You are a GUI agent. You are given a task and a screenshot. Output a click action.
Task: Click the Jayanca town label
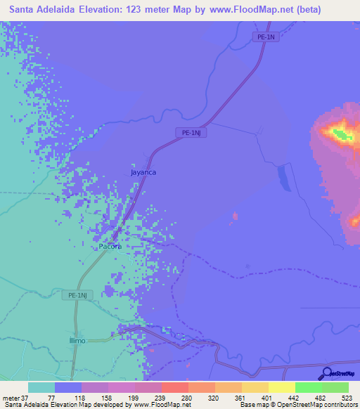click(143, 171)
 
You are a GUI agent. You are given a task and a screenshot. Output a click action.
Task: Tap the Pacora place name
click(110, 247)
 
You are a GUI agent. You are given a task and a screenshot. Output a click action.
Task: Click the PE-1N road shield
click(266, 37)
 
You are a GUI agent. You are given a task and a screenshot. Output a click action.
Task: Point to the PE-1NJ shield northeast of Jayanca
click(189, 132)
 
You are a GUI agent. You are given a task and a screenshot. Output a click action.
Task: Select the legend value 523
click(345, 398)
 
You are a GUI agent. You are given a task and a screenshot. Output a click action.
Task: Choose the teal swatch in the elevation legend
click(41, 387)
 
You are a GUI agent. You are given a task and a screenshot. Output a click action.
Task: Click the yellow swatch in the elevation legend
click(282, 387)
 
